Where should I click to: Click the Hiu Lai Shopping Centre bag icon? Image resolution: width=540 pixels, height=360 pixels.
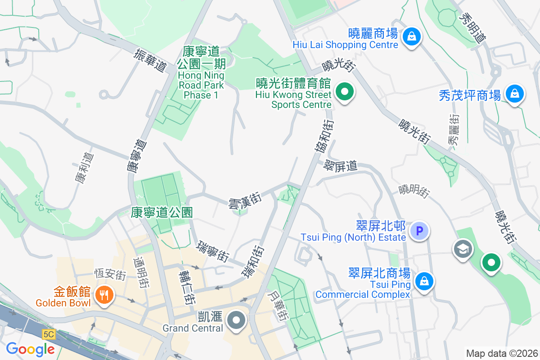click(x=412, y=37)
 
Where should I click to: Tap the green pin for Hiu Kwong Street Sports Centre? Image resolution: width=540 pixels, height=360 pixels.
click(x=345, y=93)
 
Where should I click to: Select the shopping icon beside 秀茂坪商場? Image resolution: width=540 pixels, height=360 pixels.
click(x=513, y=94)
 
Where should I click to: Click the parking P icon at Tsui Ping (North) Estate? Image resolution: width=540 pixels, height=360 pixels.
click(x=419, y=231)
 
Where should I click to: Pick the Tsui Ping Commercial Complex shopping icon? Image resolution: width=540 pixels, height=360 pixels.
click(x=423, y=282)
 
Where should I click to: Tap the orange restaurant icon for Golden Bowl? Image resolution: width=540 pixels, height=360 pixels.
click(x=104, y=295)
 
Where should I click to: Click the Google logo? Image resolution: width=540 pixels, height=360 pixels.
click(x=30, y=349)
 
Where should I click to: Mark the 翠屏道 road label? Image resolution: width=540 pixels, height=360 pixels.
click(x=341, y=166)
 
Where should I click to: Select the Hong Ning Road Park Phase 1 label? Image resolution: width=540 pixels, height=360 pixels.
click(x=201, y=73)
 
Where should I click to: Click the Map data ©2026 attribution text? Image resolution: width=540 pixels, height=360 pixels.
click(x=502, y=353)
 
